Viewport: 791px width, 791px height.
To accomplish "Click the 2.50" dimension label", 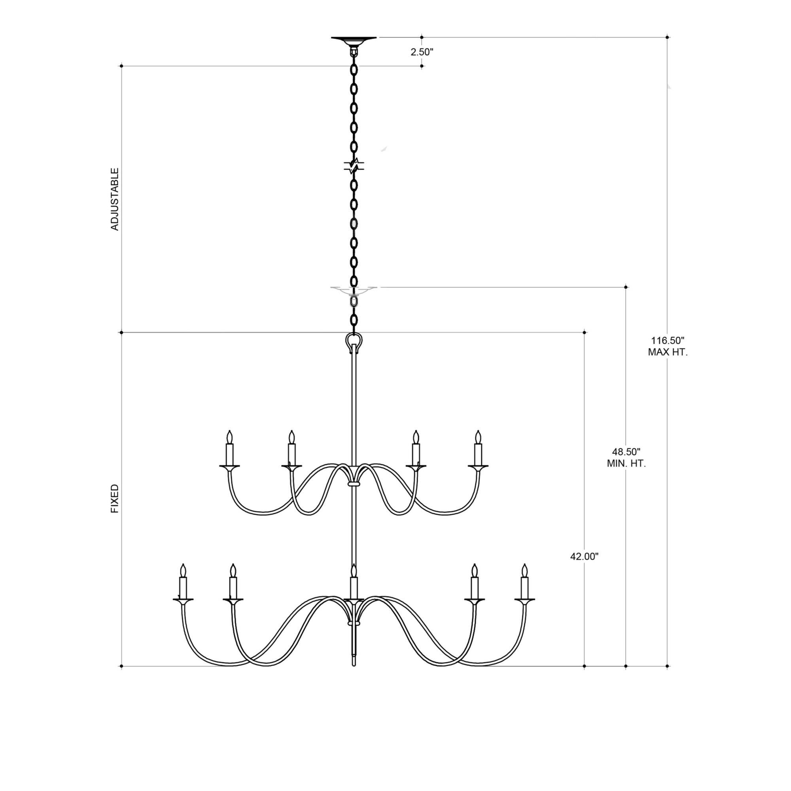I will pos(422,52).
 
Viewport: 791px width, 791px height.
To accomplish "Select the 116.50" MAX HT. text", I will pos(667,346).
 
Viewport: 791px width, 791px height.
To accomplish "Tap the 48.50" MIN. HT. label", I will pos(626,458).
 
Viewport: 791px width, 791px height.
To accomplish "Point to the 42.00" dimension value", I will pos(584,556).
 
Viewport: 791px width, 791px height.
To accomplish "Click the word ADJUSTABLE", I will pos(115,199).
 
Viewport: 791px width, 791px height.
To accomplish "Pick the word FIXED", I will pos(115,498).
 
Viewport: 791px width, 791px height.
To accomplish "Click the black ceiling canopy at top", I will pos(354,40).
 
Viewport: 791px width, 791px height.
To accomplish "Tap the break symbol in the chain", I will pos(354,165).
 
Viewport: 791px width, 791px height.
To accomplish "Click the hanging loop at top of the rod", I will pos(354,341).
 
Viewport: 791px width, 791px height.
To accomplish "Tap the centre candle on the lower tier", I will pos(354,584).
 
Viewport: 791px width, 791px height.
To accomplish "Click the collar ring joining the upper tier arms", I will pos(354,484).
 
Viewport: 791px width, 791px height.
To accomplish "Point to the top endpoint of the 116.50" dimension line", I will pos(667,37).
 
